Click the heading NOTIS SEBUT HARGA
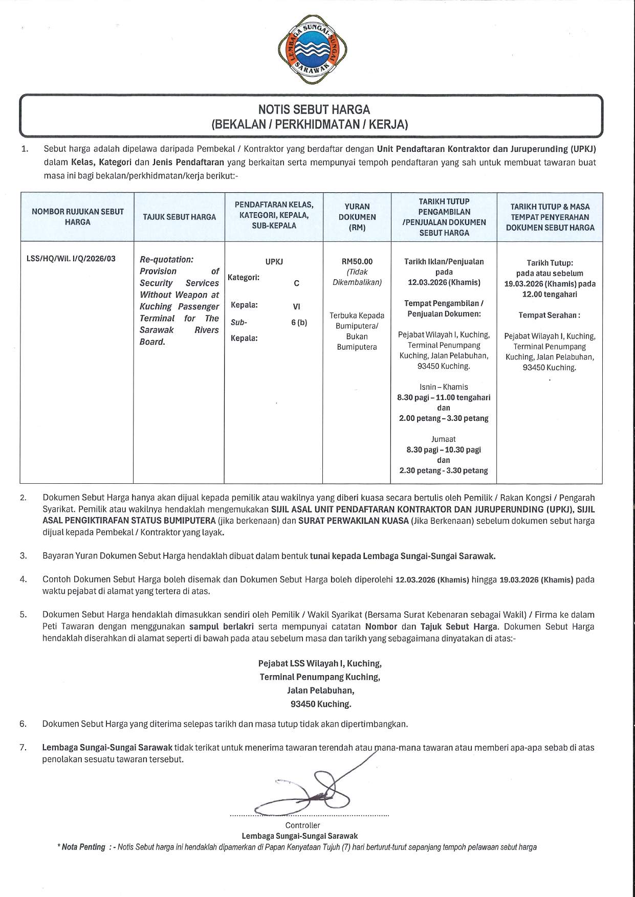(x=314, y=109)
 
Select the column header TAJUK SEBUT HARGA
(x=179, y=217)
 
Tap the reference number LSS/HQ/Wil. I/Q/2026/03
(x=71, y=259)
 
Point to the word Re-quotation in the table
(x=166, y=259)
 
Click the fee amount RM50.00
(x=357, y=261)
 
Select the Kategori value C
(x=296, y=283)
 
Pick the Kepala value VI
(x=296, y=307)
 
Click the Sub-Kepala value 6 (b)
(x=299, y=323)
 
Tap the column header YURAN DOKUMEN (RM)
(x=357, y=217)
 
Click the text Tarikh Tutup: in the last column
(x=550, y=263)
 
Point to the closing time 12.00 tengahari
(x=550, y=295)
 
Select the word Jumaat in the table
(x=444, y=439)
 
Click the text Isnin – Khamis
(x=444, y=387)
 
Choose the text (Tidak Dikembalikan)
(x=357, y=277)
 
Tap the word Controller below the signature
(x=303, y=825)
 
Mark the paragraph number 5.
(x=24, y=615)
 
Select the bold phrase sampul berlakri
(x=222, y=626)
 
